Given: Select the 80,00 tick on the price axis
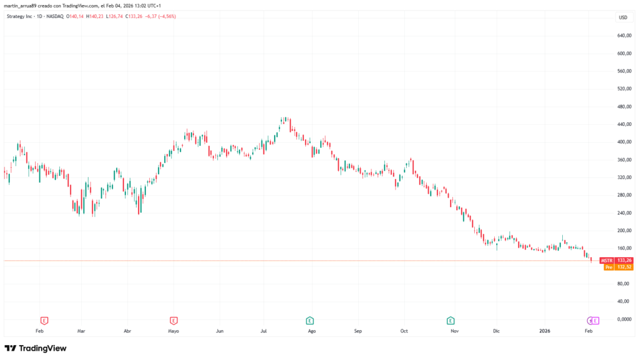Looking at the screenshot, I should tap(622, 284).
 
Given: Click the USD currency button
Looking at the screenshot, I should tap(622, 17).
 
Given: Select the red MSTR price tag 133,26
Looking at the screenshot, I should tap(617, 260).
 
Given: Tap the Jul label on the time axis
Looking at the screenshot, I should tap(264, 331).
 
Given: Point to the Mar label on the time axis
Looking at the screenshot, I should tap(80, 331).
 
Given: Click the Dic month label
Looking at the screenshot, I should tap(496, 331).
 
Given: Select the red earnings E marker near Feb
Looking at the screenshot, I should tap(44, 321).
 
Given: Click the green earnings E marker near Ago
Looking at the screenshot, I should tap(310, 321).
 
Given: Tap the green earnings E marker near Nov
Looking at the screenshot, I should tap(451, 321).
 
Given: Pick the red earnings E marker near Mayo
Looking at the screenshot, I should tap(173, 321).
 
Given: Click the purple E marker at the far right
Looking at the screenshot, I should tap(595, 321).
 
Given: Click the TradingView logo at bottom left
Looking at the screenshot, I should tap(36, 348).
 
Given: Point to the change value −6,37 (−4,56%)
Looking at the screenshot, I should tap(160, 16).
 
